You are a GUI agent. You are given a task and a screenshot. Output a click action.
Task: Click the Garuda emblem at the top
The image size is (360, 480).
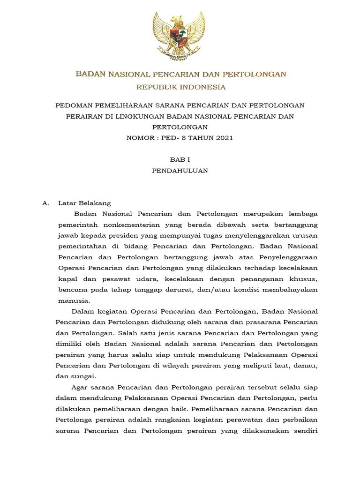tap(179, 36)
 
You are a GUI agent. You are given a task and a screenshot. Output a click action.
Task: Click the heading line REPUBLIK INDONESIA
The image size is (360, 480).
tap(181, 87)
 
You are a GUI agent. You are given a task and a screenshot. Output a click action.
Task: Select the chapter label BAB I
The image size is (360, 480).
tap(180, 160)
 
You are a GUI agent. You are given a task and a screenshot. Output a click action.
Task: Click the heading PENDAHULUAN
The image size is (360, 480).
tap(180, 171)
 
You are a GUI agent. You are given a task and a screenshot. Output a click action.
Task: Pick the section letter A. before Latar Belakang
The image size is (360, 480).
tap(45, 203)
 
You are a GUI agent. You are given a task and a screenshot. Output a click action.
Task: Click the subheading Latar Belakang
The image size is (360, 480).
tap(84, 203)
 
